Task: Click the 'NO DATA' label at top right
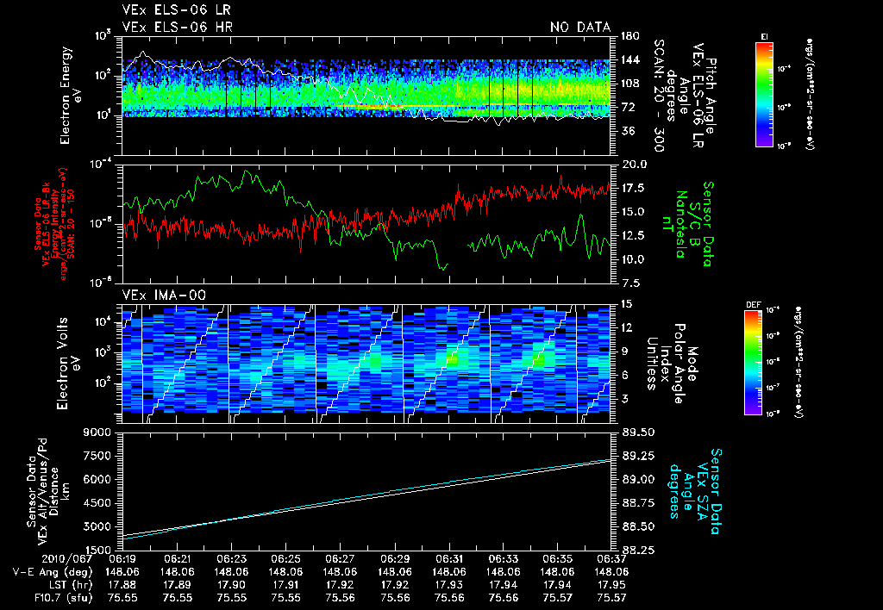click(x=579, y=27)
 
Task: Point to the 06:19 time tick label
click(x=122, y=558)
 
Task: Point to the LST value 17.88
click(x=122, y=583)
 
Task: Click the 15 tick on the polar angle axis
click(x=627, y=303)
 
